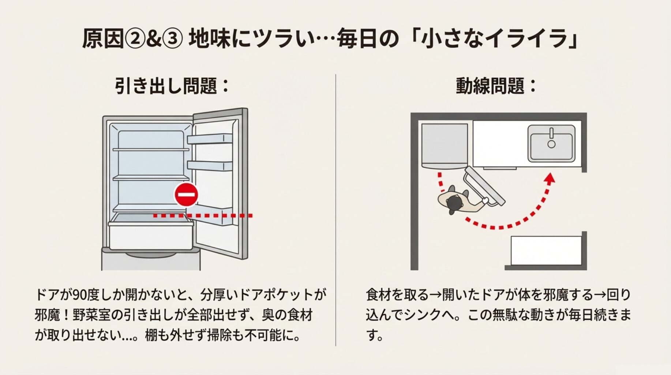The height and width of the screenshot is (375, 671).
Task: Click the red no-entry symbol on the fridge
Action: [x=186, y=194]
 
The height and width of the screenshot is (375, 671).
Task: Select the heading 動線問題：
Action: [x=496, y=86]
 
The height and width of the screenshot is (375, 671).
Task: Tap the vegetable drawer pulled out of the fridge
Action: [x=151, y=234]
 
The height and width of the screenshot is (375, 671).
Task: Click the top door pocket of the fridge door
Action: [x=210, y=139]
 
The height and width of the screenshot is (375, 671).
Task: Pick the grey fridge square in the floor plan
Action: [x=444, y=145]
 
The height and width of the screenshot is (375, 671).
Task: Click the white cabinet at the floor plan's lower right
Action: [x=546, y=250]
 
